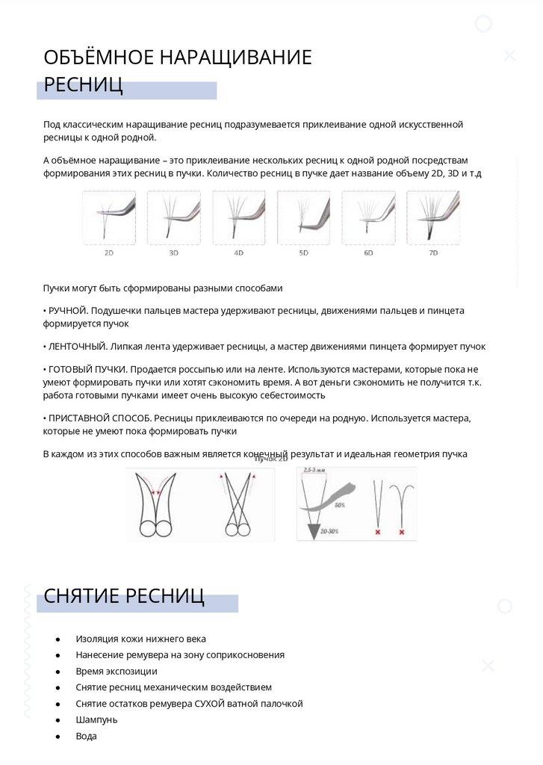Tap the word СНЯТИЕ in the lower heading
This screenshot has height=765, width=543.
(81, 595)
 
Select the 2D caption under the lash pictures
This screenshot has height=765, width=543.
(109, 253)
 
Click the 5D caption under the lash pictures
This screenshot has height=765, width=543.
(303, 253)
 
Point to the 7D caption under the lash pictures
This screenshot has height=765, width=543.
(432, 253)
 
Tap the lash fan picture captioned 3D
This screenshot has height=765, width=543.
(173, 217)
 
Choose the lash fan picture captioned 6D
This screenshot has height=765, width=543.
(368, 217)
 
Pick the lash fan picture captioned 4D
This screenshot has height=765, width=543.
(238, 217)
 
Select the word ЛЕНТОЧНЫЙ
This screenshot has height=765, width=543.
(77, 347)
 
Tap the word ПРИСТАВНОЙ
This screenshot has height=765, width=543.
(82, 418)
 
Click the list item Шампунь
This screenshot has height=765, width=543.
(96, 719)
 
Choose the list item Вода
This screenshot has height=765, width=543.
(86, 736)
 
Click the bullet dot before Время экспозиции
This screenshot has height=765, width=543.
(58, 672)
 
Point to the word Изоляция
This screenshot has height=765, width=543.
(99, 639)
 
